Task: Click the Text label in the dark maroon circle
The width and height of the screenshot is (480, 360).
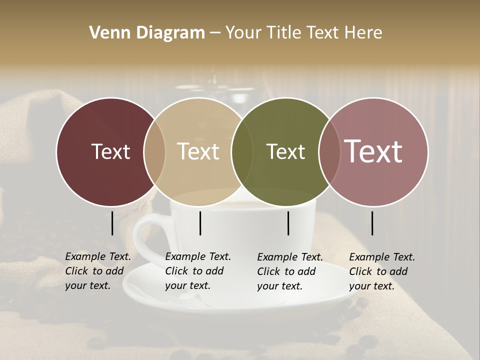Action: click(x=110, y=151)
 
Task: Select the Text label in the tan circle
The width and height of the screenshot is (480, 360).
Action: click(x=198, y=151)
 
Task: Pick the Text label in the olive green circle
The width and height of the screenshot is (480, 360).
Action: click(x=286, y=151)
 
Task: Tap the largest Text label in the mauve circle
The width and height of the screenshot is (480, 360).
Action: click(x=373, y=151)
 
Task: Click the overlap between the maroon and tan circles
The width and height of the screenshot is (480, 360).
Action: click(x=154, y=151)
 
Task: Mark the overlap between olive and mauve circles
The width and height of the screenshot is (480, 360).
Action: click(x=327, y=151)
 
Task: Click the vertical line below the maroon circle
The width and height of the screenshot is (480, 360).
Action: click(x=112, y=223)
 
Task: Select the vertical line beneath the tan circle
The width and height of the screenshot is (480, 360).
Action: click(x=200, y=223)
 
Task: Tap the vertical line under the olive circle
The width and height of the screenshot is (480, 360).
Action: click(x=288, y=223)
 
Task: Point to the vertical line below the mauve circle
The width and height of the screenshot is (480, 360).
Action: click(x=372, y=223)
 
